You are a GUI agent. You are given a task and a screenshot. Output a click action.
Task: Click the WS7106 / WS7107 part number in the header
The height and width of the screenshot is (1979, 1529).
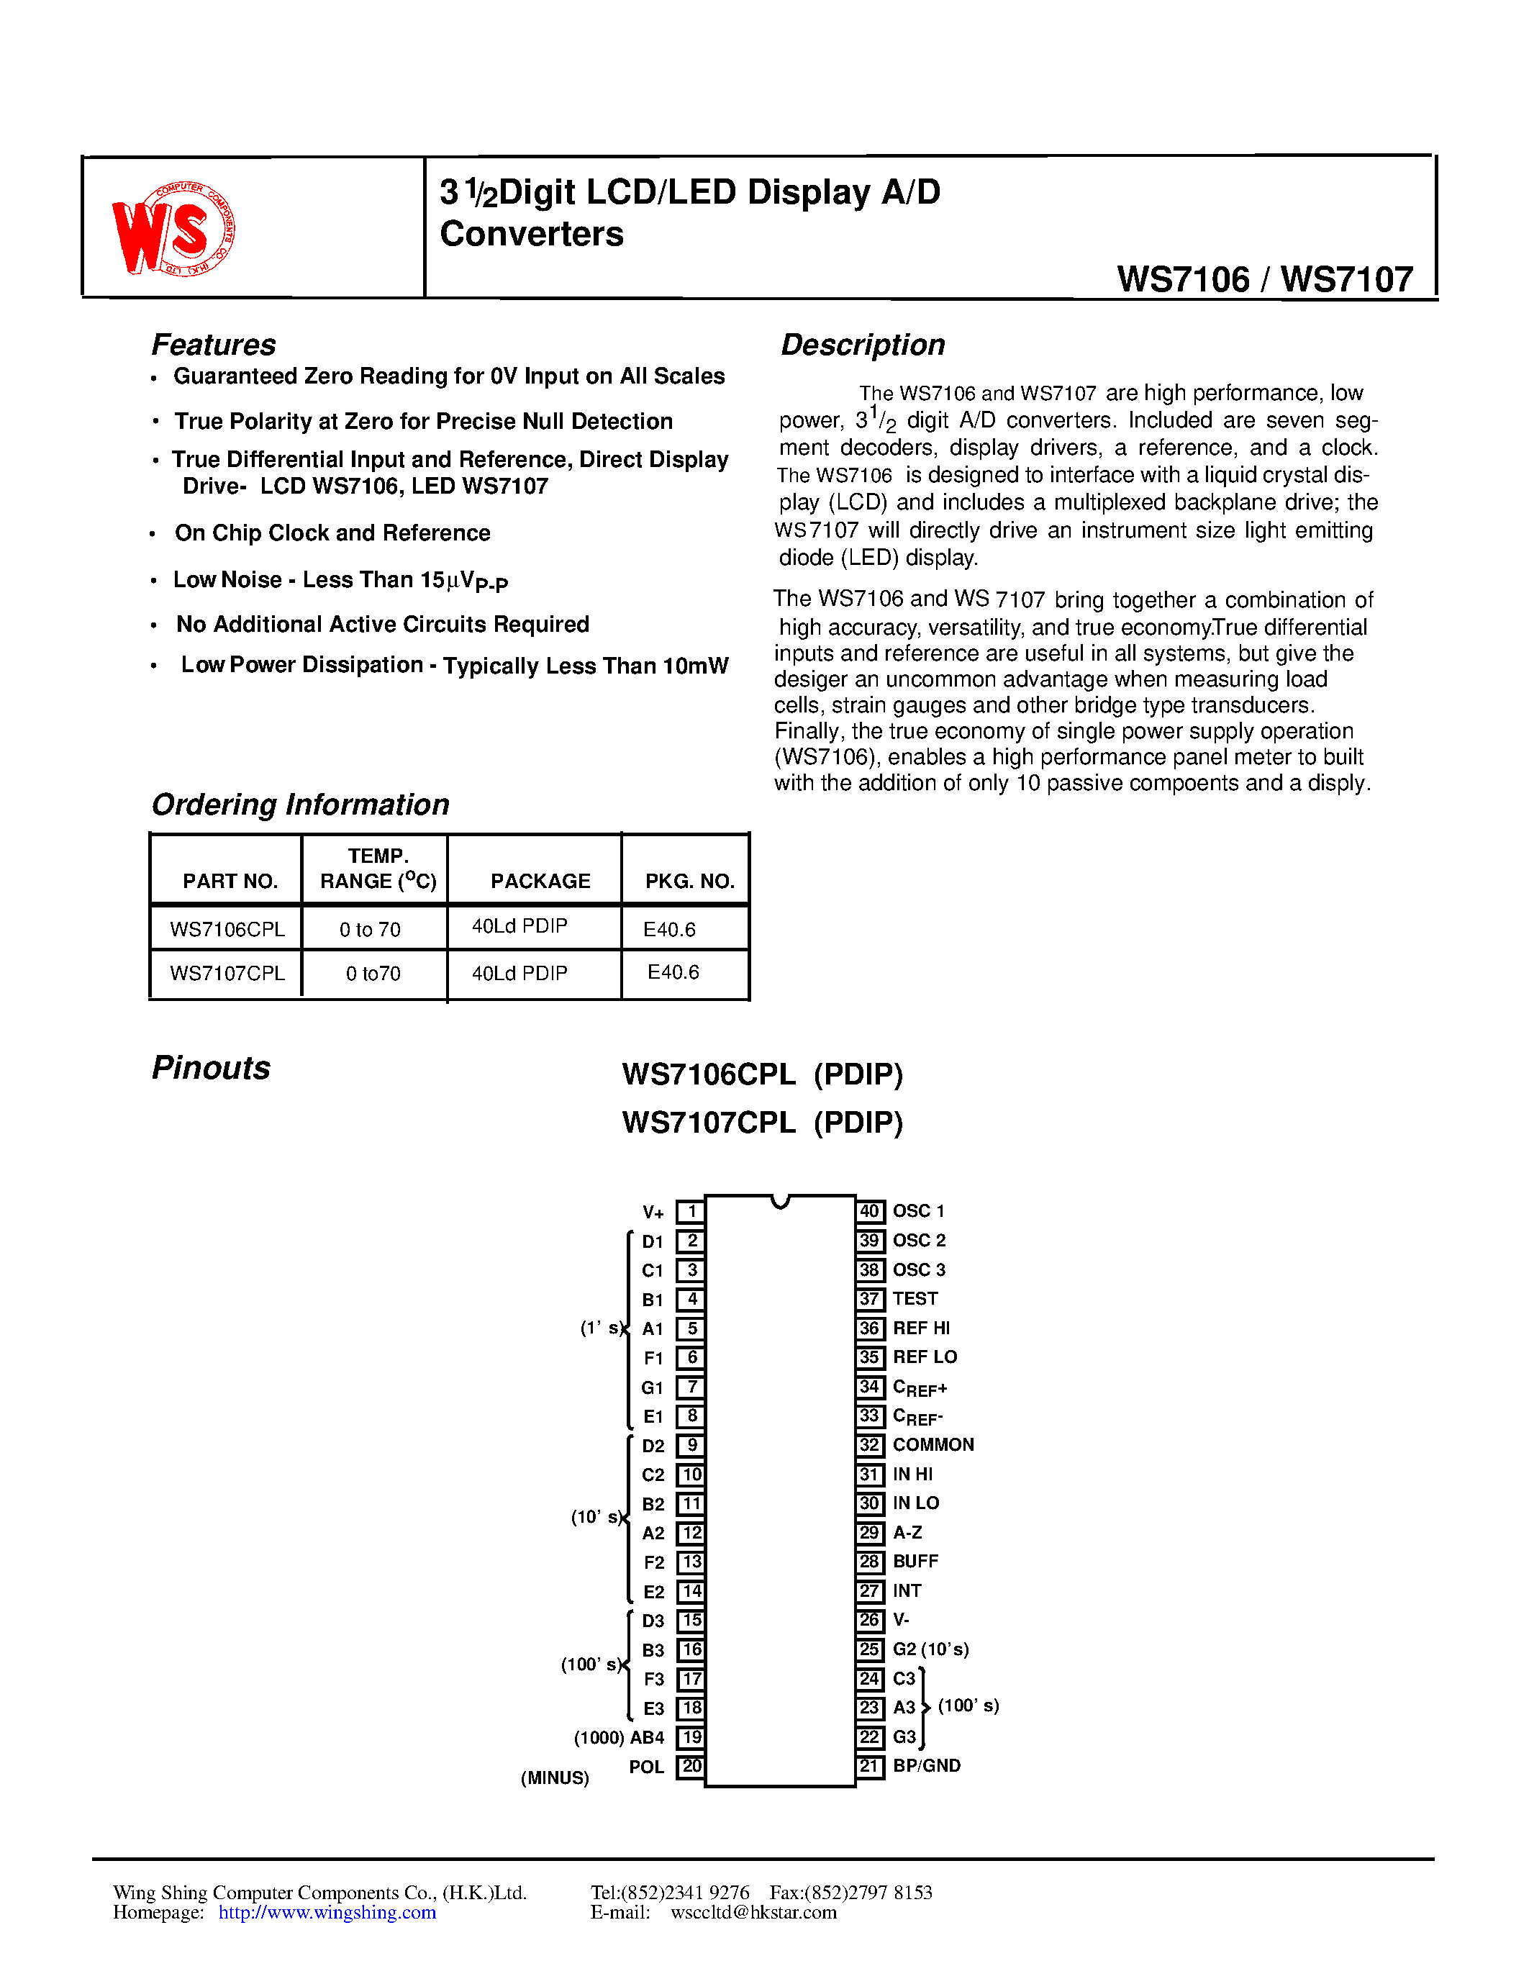tap(1264, 279)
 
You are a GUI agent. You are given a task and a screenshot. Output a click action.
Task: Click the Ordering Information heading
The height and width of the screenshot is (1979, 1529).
tap(300, 804)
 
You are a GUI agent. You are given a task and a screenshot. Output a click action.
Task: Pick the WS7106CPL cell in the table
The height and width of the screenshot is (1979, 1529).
tap(227, 929)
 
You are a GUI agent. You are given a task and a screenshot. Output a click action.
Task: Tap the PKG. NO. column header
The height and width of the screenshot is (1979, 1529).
tap(689, 881)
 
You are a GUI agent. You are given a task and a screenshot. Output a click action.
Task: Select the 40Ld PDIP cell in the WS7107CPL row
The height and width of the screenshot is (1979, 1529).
tap(519, 973)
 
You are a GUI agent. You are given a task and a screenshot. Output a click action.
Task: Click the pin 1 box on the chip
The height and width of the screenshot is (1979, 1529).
tap(691, 1211)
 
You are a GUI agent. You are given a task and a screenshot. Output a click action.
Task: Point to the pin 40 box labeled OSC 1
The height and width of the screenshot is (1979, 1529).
tap(870, 1211)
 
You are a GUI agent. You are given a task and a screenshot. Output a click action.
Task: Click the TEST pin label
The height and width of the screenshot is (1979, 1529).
tap(915, 1298)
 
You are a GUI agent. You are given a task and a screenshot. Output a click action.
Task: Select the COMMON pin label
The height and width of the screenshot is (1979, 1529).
tap(933, 1444)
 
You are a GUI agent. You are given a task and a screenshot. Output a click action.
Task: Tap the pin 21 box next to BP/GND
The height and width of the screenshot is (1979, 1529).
tap(870, 1765)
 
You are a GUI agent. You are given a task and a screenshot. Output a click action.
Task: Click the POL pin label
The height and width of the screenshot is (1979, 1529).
tap(647, 1766)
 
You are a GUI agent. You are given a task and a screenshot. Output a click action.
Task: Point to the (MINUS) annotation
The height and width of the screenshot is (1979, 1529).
tap(554, 1778)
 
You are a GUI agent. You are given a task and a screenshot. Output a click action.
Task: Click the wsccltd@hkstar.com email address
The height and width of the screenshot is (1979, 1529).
tap(753, 1912)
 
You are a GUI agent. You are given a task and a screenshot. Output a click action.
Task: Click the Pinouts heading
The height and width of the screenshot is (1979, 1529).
tap(211, 1067)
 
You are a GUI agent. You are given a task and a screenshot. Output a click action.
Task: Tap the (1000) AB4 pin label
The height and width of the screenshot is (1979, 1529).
tap(619, 1737)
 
